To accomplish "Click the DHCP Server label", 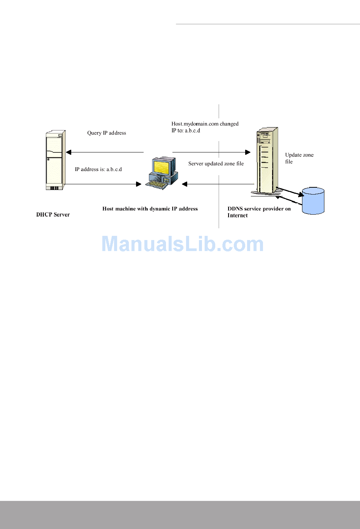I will (x=53, y=215).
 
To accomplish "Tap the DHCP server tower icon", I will (x=55, y=160).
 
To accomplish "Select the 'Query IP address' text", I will (x=106, y=133).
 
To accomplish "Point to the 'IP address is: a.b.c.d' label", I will (x=98, y=170).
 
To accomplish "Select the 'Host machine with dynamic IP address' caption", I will (x=150, y=209).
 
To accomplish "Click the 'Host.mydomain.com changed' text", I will (x=205, y=124).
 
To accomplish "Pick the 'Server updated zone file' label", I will (x=216, y=164).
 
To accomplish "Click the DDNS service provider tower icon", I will (x=267, y=161).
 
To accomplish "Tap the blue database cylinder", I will (x=313, y=201).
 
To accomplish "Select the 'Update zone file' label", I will (x=299, y=158).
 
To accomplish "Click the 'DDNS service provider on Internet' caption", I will (x=259, y=212).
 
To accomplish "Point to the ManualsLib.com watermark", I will (x=183, y=244).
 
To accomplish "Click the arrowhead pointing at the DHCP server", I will (x=69, y=152).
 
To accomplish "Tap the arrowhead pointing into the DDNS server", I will (x=248, y=152).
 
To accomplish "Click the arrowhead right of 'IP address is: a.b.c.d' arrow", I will (x=139, y=184).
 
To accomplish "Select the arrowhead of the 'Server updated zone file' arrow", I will (x=185, y=184).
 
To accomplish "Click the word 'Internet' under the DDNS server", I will (x=238, y=216).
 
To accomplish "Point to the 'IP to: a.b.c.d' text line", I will (x=186, y=131).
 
